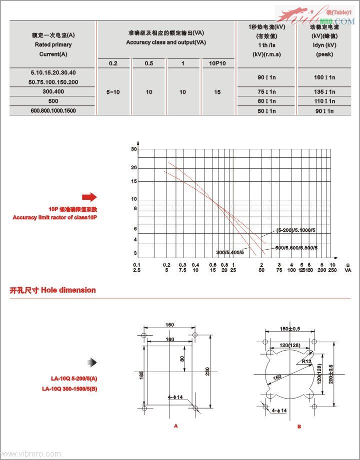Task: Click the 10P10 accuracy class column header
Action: tap(218, 63)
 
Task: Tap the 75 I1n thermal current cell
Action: tap(266, 92)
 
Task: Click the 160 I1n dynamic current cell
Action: tap(325, 77)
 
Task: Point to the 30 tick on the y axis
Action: tap(134, 149)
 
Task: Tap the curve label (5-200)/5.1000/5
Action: tap(295, 230)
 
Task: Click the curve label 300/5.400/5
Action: tap(230, 252)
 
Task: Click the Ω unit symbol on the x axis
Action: tap(347, 265)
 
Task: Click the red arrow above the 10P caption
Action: tap(89, 197)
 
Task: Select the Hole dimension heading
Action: tap(52, 290)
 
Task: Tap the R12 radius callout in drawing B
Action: tap(307, 361)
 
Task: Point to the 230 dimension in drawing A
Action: tap(201, 371)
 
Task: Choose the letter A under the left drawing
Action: tap(175, 426)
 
